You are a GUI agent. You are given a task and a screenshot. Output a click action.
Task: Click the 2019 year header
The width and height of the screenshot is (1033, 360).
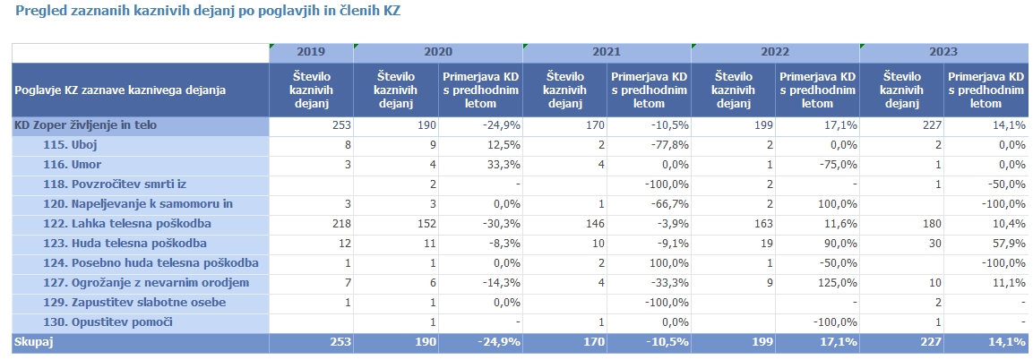point(310,52)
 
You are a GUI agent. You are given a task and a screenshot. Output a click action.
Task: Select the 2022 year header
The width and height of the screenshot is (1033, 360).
point(774,52)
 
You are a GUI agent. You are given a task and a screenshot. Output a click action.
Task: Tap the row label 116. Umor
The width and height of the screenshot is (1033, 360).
point(71,165)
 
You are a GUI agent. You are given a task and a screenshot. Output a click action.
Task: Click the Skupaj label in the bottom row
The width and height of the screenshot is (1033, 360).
point(33,342)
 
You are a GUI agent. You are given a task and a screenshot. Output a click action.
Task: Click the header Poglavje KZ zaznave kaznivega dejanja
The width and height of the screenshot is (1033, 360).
point(120,90)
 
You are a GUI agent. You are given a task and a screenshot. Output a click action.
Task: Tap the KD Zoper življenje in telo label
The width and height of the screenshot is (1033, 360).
point(85,125)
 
